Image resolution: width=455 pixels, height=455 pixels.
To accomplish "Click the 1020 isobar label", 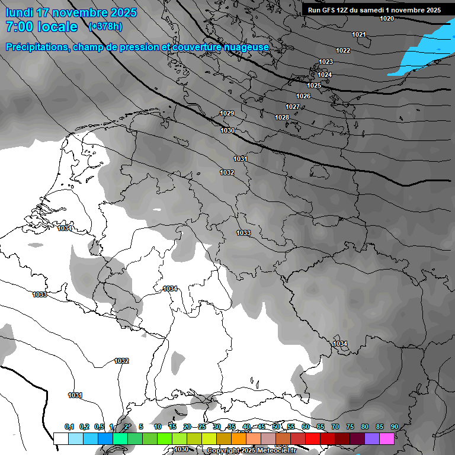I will pyautogui.click(x=387, y=18).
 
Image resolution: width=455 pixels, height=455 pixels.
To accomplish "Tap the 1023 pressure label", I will pyautogui.click(x=326, y=62).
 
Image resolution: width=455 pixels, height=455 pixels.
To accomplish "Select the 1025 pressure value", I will pyautogui.click(x=314, y=85).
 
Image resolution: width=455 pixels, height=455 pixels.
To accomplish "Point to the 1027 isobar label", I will pyautogui.click(x=293, y=107).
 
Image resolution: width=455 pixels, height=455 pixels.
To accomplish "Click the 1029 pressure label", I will pyautogui.click(x=227, y=113).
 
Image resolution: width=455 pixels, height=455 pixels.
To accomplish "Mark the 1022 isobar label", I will pyautogui.click(x=343, y=50).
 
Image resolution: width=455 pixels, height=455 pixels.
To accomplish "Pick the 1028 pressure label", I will pyautogui.click(x=282, y=117).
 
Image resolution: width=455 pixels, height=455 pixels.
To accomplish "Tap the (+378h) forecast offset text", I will pyautogui.click(x=105, y=26).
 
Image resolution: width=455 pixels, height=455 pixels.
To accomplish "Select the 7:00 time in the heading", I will pyautogui.click(x=20, y=27).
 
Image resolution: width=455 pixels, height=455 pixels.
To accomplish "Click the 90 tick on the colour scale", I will pyautogui.click(x=395, y=427).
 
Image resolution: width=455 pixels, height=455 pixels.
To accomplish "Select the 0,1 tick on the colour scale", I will pyautogui.click(x=69, y=427).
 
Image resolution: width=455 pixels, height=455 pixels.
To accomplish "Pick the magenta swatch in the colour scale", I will pyautogui.click(x=387, y=438).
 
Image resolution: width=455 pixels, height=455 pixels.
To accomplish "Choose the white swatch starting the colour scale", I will pyautogui.click(x=60, y=438).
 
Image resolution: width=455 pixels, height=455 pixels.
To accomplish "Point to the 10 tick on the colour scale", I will pyautogui.click(x=158, y=427).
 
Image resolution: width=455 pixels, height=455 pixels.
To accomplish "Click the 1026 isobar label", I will pyautogui.click(x=303, y=96).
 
